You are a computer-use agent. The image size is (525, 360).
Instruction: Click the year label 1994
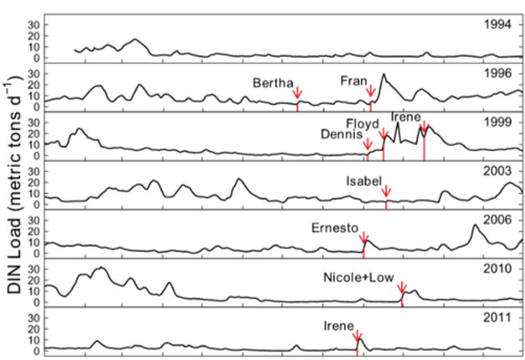[x=498, y=24]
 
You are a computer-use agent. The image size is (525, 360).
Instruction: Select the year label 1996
[x=498, y=73]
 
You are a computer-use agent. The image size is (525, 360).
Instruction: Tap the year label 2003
[x=498, y=171]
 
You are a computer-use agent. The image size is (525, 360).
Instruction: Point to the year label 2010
[x=498, y=269]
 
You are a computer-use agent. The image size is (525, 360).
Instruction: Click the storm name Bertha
[x=273, y=83]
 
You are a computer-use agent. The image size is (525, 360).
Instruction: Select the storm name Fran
[x=354, y=81]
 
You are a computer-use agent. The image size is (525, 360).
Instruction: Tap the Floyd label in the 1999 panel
[x=362, y=124]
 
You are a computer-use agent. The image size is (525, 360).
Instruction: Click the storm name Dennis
[x=341, y=134]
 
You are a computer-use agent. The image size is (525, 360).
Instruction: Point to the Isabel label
[x=364, y=181]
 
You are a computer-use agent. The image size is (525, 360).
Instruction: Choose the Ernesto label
[x=335, y=228]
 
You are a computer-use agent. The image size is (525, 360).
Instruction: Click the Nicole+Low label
[x=359, y=278]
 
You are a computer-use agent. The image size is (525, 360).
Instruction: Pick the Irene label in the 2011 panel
[x=338, y=326]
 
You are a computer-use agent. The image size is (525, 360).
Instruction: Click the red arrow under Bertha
[x=297, y=93]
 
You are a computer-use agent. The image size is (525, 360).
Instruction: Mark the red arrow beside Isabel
[x=386, y=191]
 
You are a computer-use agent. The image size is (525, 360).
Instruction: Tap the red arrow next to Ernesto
[x=363, y=237]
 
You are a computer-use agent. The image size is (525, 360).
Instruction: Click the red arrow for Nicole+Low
[x=402, y=288]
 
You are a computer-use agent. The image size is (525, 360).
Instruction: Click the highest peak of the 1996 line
[x=384, y=74]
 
